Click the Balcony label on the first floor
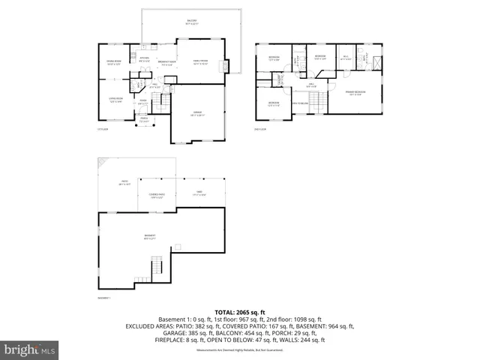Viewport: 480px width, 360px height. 192,22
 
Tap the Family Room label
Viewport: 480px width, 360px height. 200,62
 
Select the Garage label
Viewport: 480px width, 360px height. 198,113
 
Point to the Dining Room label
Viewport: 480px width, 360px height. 113,62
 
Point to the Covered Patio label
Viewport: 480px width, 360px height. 157,196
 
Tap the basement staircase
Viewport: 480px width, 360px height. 155,267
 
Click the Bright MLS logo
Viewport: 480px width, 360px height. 30,349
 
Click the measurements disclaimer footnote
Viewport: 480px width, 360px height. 239,350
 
